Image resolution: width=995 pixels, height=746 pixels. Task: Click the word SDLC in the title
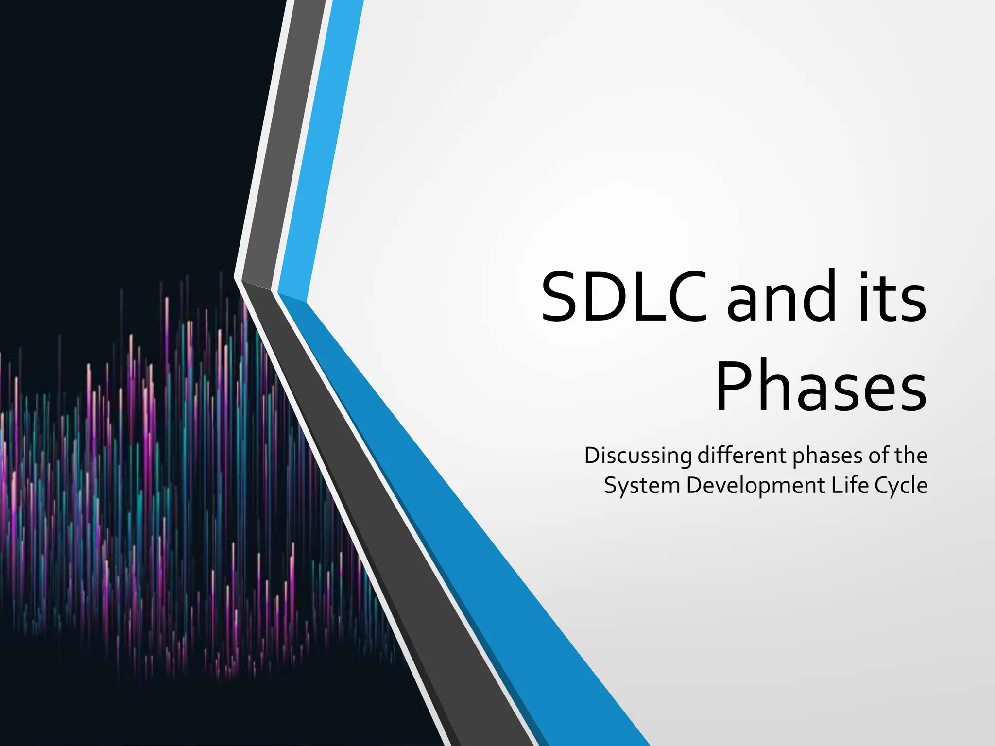pos(624,297)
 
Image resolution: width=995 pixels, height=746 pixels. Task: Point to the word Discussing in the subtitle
pos(637,456)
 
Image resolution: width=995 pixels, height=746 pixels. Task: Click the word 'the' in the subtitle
pos(911,456)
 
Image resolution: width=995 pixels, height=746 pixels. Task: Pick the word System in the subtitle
pos(641,486)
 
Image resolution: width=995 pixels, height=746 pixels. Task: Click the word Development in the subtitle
pos(755,486)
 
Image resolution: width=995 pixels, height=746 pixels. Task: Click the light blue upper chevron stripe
pos(321,146)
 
